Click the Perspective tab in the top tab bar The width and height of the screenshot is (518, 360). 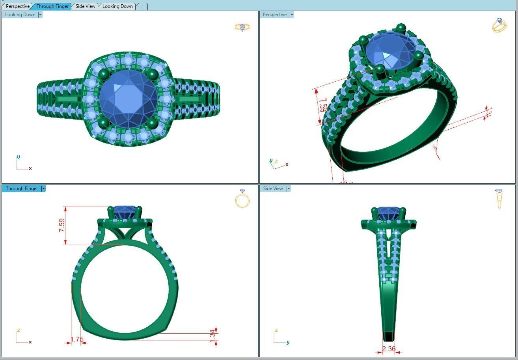pyautogui.click(x=18, y=6)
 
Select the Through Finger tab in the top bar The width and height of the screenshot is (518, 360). pyautogui.click(x=52, y=6)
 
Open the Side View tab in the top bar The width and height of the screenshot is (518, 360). pyautogui.click(x=85, y=6)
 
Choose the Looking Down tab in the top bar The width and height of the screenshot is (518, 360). pyautogui.click(x=117, y=6)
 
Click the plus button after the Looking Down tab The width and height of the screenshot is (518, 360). pyautogui.click(x=142, y=6)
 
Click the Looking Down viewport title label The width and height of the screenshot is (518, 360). pyautogui.click(x=20, y=15)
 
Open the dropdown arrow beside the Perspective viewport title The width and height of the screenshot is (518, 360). pyautogui.click(x=292, y=15)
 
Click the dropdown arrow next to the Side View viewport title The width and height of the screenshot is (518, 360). pyautogui.click(x=289, y=188)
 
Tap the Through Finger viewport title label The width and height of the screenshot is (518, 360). pyautogui.click(x=22, y=188)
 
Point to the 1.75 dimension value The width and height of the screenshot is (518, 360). pyautogui.click(x=77, y=339)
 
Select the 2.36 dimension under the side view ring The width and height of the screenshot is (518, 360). pyautogui.click(x=389, y=349)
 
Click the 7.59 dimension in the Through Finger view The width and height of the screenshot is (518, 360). pyautogui.click(x=62, y=225)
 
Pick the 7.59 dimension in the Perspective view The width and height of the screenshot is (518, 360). pyautogui.click(x=323, y=106)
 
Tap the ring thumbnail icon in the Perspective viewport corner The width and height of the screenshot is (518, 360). pyautogui.click(x=499, y=25)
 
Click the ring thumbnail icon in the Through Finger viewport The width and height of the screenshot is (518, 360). pyautogui.click(x=242, y=198)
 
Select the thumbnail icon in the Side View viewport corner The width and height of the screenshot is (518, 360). pyautogui.click(x=499, y=198)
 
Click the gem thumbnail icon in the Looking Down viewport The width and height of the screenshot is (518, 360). pyautogui.click(x=242, y=27)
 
